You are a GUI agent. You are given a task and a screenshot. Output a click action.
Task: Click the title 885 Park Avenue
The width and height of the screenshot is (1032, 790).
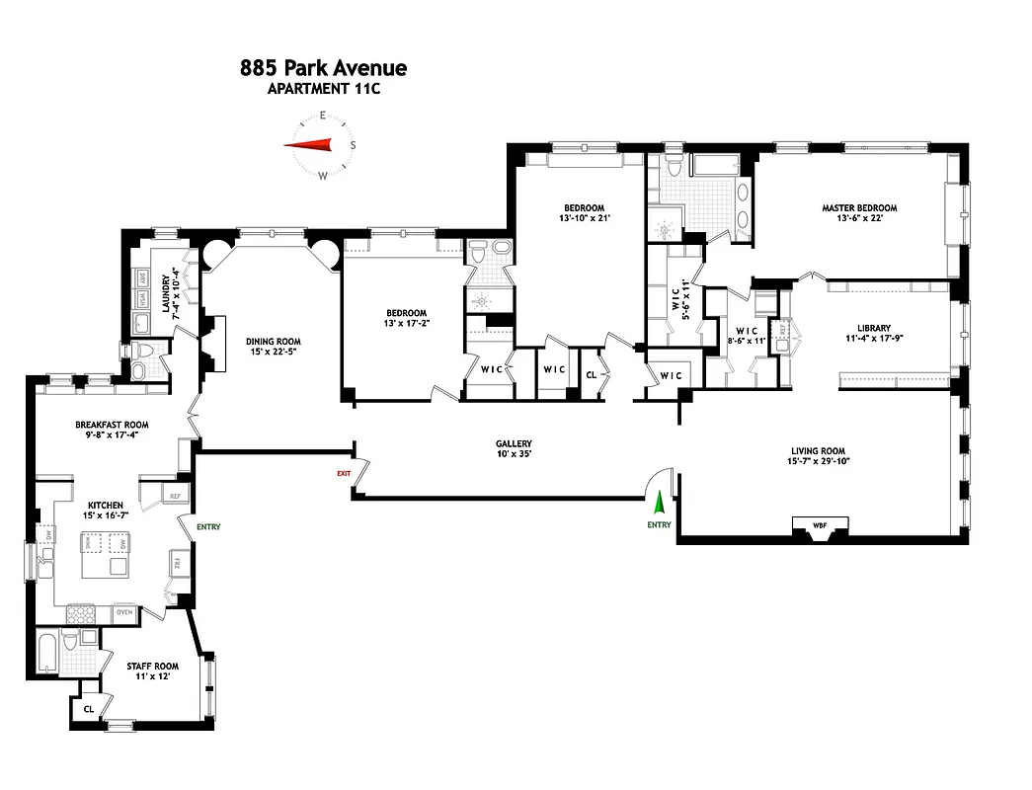tap(323, 68)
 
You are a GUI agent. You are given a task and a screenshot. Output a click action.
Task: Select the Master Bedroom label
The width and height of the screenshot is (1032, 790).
tap(859, 207)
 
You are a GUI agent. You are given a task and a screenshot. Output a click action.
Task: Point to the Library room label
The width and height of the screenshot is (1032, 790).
tap(873, 328)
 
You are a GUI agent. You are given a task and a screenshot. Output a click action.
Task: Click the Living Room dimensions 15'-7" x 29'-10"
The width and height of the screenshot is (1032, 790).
tap(818, 460)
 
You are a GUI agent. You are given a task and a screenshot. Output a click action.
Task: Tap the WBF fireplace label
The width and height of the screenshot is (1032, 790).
tap(819, 524)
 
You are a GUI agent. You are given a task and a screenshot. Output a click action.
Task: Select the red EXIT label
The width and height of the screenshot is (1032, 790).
tap(344, 474)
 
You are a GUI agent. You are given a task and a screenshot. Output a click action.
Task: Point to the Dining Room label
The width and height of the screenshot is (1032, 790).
tap(273, 342)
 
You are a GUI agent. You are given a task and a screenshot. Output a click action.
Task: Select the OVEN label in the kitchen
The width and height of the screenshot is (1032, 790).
tap(124, 612)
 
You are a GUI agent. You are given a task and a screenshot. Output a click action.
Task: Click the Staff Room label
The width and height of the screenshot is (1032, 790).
tap(152, 667)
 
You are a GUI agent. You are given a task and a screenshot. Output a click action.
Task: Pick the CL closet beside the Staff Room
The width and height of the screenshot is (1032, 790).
tap(88, 708)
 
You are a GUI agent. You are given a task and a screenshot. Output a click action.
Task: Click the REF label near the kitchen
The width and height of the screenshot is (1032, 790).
tap(175, 496)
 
